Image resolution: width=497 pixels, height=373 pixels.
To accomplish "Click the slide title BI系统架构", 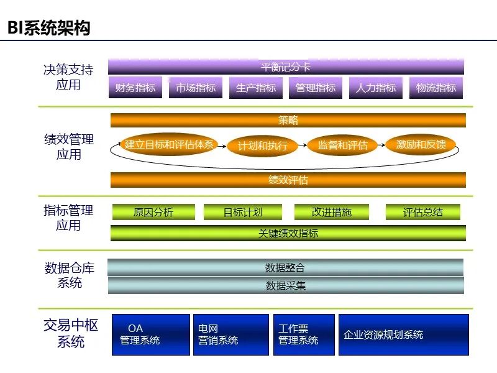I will [x=49, y=28].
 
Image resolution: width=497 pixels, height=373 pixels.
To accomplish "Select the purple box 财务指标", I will [x=135, y=88].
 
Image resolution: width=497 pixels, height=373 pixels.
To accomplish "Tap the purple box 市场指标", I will [x=196, y=88].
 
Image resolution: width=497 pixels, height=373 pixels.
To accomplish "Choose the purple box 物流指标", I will [x=436, y=88].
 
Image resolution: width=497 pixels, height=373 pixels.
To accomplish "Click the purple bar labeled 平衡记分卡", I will [x=286, y=67].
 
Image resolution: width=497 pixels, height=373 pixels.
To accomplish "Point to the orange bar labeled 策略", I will [x=288, y=121].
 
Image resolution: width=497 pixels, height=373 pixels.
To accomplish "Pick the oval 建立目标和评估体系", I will [x=169, y=145].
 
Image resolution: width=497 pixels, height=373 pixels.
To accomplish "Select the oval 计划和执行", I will [x=263, y=146].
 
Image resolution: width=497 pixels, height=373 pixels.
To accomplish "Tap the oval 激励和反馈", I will [x=421, y=145].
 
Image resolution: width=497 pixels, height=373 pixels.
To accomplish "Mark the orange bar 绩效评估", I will [x=288, y=180].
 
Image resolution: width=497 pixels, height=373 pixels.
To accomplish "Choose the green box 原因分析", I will [x=153, y=212].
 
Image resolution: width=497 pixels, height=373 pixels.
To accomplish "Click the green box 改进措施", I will [x=332, y=212].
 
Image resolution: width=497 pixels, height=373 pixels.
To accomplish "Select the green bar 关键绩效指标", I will [x=288, y=233].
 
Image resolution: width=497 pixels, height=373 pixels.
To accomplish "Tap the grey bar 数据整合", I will [x=285, y=268].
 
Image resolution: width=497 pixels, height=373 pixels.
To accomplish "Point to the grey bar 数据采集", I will [x=286, y=286].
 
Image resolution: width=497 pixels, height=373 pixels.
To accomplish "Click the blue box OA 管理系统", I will [x=151, y=334].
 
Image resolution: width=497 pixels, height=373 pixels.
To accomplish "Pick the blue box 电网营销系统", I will [x=230, y=334].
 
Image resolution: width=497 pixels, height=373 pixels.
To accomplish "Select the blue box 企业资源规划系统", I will [x=403, y=334].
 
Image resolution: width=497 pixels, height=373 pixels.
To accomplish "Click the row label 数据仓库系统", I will [x=70, y=275].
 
